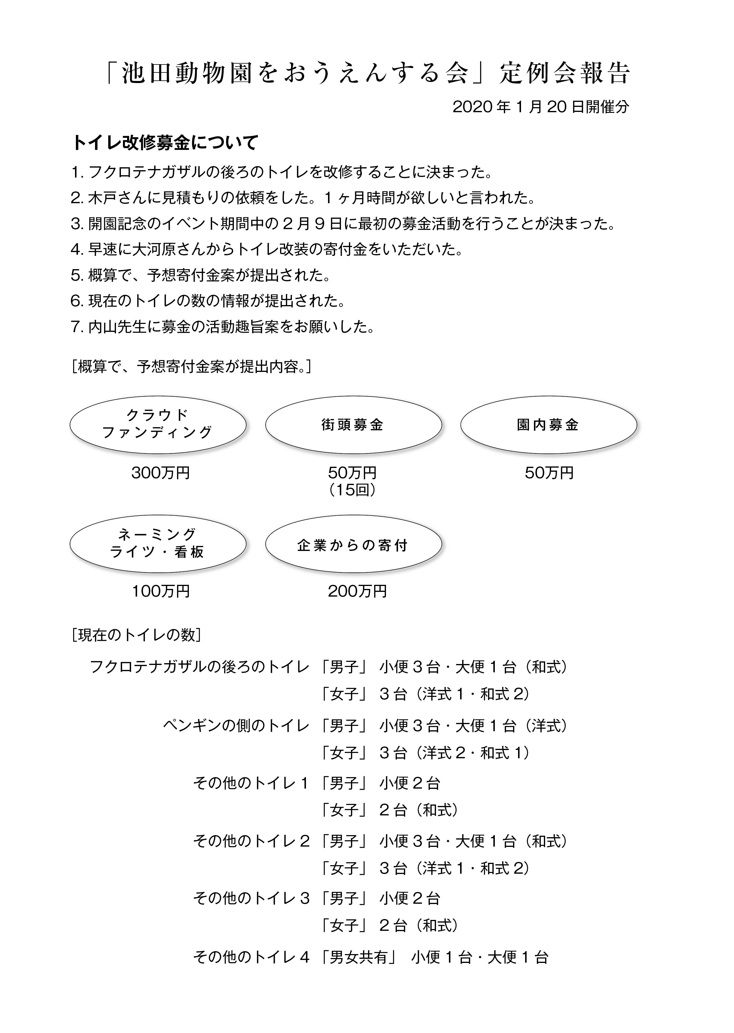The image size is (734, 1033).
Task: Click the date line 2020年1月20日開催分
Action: tap(540, 107)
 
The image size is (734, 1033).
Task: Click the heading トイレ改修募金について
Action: tap(165, 143)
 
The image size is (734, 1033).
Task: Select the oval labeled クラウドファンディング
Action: tap(158, 425)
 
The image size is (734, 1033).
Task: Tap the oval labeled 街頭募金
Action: tap(353, 425)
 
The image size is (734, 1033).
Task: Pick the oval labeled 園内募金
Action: tap(548, 425)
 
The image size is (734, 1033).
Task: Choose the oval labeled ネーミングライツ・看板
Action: tap(158, 544)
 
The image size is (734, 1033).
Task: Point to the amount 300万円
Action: tap(160, 473)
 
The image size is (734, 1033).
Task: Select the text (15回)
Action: tap(352, 490)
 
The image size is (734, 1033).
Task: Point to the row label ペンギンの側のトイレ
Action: tap(236, 726)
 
